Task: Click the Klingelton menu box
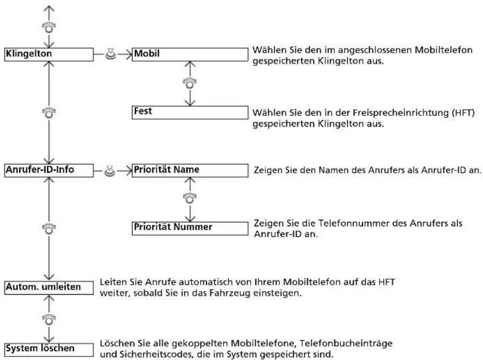(49, 54)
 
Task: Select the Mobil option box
(190, 54)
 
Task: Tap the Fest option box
(190, 112)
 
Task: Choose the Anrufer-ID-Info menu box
(49, 171)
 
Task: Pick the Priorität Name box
(190, 171)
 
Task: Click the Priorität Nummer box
(190, 229)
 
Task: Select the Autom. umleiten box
(49, 287)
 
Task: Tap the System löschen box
(49, 350)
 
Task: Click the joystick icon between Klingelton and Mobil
(110, 54)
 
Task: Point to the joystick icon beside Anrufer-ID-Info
(110, 171)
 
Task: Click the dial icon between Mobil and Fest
(190, 83)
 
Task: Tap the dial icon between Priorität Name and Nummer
(190, 198)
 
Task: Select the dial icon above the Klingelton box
(49, 27)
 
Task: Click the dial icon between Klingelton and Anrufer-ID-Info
(49, 113)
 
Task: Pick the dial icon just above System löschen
(49, 319)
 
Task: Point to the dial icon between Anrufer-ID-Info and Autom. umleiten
(49, 229)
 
